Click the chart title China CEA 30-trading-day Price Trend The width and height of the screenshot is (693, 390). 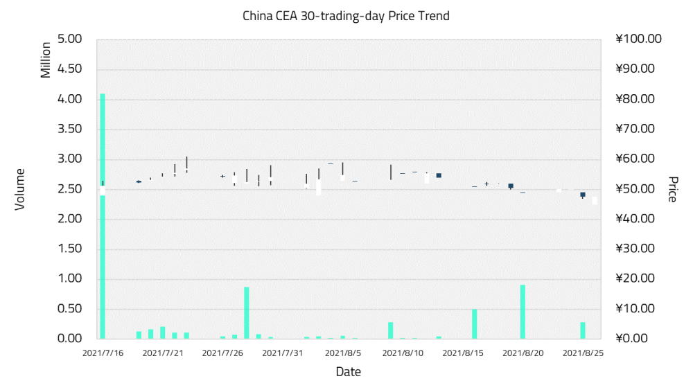click(346, 15)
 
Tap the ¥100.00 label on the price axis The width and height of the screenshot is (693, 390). click(638, 39)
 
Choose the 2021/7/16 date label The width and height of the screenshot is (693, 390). click(103, 353)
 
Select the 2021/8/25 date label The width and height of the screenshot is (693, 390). click(583, 353)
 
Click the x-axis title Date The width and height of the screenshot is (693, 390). click(348, 372)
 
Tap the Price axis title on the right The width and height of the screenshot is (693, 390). click(672, 188)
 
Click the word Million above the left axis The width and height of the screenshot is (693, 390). click(46, 60)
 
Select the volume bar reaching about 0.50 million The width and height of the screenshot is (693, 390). click(475, 323)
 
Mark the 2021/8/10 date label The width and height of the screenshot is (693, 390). click(403, 353)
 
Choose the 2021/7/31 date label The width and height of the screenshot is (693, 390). click(283, 353)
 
